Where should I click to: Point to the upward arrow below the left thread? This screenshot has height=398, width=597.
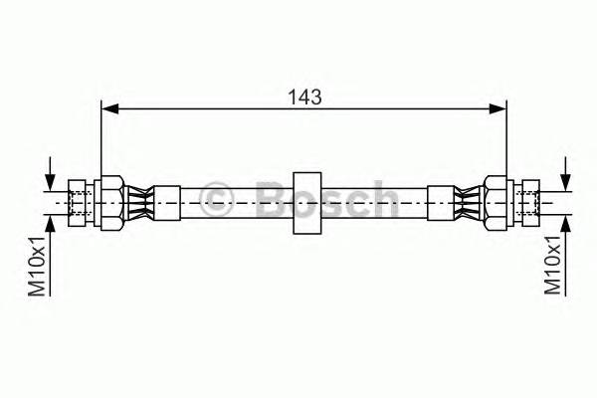(49, 221)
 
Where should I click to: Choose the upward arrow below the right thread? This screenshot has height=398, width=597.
(565, 221)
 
